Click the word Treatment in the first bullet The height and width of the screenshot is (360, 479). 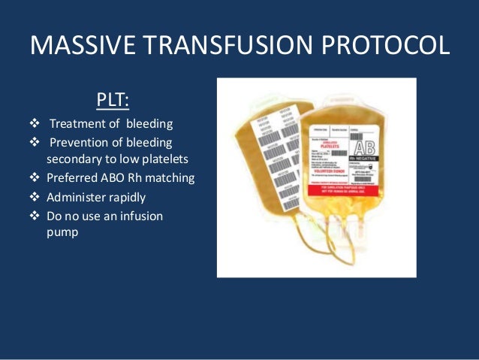pyautogui.click(x=77, y=124)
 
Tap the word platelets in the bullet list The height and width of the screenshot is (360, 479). pyautogui.click(x=167, y=160)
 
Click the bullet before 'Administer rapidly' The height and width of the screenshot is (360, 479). pyautogui.click(x=33, y=197)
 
